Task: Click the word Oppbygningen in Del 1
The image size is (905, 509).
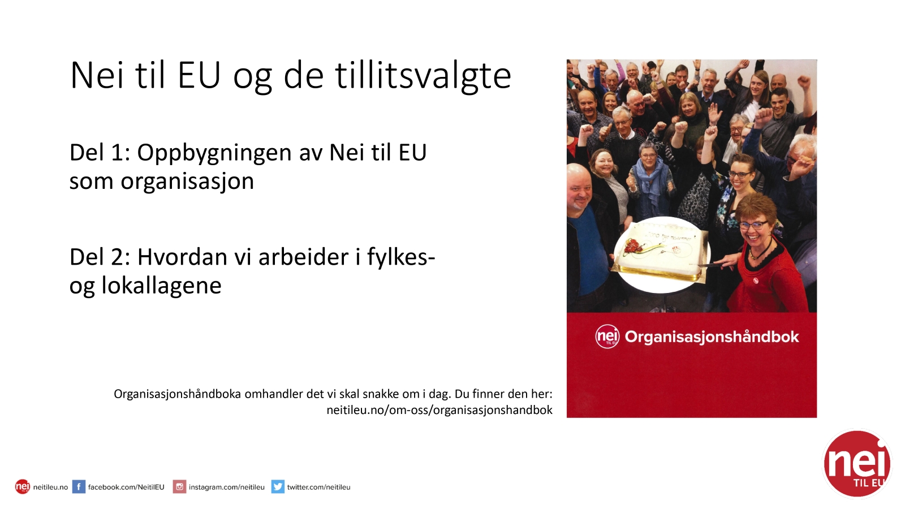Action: click(214, 154)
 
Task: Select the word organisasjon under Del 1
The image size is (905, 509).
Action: click(187, 182)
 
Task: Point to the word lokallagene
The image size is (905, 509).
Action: click(161, 286)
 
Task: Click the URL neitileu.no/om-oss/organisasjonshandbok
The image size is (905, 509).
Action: click(439, 411)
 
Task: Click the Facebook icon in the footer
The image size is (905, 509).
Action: click(79, 487)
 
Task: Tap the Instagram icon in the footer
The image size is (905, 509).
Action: click(179, 487)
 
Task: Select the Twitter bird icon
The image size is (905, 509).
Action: click(278, 487)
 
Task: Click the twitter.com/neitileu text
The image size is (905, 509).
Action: click(319, 487)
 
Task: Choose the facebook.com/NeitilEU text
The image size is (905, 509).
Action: click(126, 487)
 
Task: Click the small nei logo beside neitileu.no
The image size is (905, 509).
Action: click(23, 487)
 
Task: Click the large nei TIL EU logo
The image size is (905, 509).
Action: click(857, 464)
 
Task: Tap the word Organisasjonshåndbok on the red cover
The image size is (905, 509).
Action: click(712, 337)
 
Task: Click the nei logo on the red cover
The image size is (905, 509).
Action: click(607, 337)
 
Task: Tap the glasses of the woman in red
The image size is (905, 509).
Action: click(753, 225)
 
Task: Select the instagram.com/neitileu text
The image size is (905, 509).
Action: click(227, 487)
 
